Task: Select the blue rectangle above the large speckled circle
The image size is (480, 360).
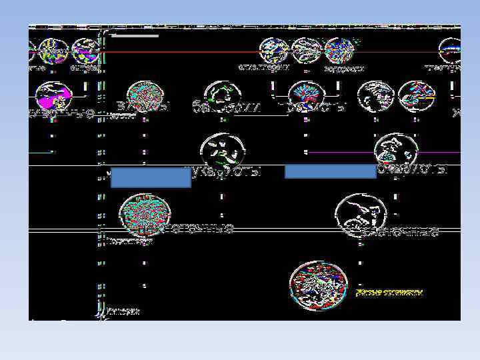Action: (151, 177)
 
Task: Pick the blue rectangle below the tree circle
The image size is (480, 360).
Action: (331, 171)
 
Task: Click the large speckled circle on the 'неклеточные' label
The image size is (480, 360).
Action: (144, 215)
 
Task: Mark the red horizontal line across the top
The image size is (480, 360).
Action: (267, 51)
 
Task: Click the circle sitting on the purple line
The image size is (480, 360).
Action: (396, 151)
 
